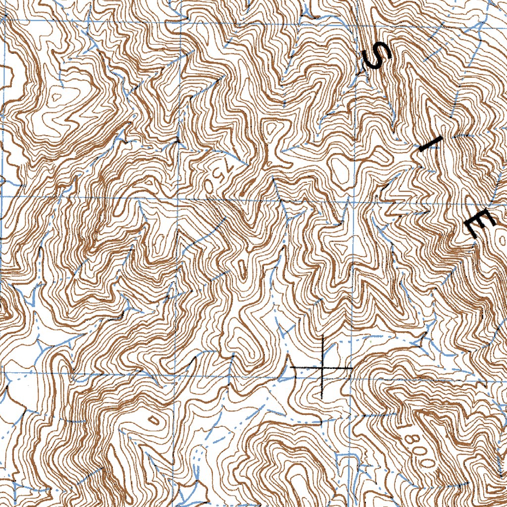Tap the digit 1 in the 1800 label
407,427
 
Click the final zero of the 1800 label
427,461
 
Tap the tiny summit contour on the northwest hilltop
58,98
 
